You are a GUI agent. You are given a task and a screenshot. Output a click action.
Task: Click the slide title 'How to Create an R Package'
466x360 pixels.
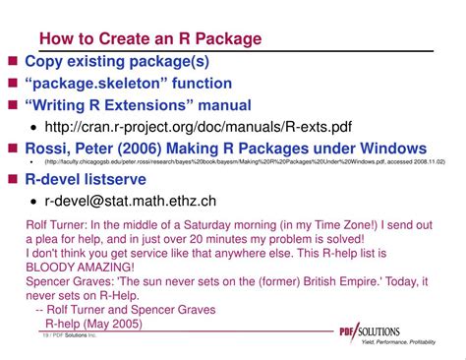click(150, 39)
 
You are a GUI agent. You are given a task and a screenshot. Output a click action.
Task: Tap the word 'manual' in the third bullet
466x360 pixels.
click(220, 105)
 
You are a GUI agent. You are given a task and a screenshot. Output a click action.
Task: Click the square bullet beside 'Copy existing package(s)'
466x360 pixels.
click(13, 62)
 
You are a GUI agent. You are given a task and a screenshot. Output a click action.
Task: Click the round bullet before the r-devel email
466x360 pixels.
click(35, 202)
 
